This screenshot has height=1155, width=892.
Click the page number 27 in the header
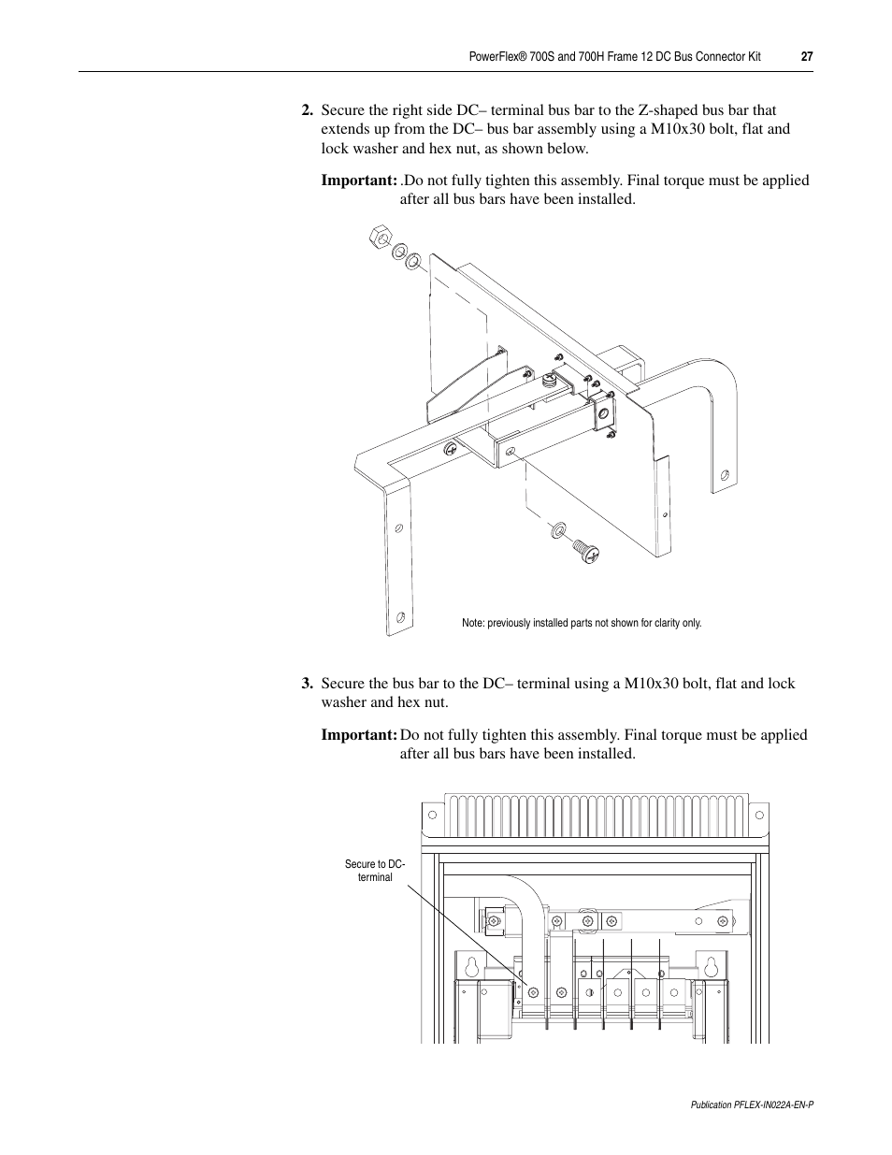[x=807, y=57]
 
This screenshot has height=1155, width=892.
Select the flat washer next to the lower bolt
[x=558, y=530]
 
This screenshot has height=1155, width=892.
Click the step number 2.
[x=306, y=110]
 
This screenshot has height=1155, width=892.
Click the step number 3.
[x=306, y=684]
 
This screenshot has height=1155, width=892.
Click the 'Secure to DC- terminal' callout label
[x=375, y=871]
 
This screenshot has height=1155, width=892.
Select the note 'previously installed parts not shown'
[x=581, y=623]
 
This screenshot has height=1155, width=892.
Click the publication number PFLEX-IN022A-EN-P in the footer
[x=752, y=1104]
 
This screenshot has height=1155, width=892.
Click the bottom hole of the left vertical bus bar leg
[x=400, y=617]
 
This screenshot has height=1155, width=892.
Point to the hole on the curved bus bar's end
[x=721, y=474]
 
